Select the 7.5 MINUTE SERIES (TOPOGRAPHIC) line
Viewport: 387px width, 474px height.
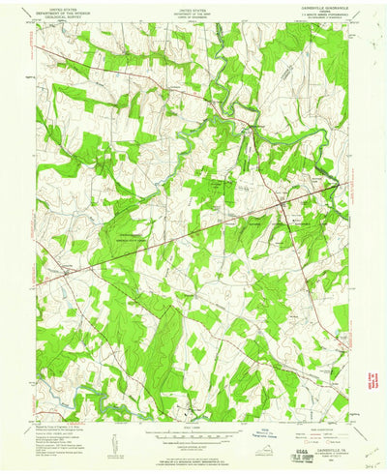[324, 17]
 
